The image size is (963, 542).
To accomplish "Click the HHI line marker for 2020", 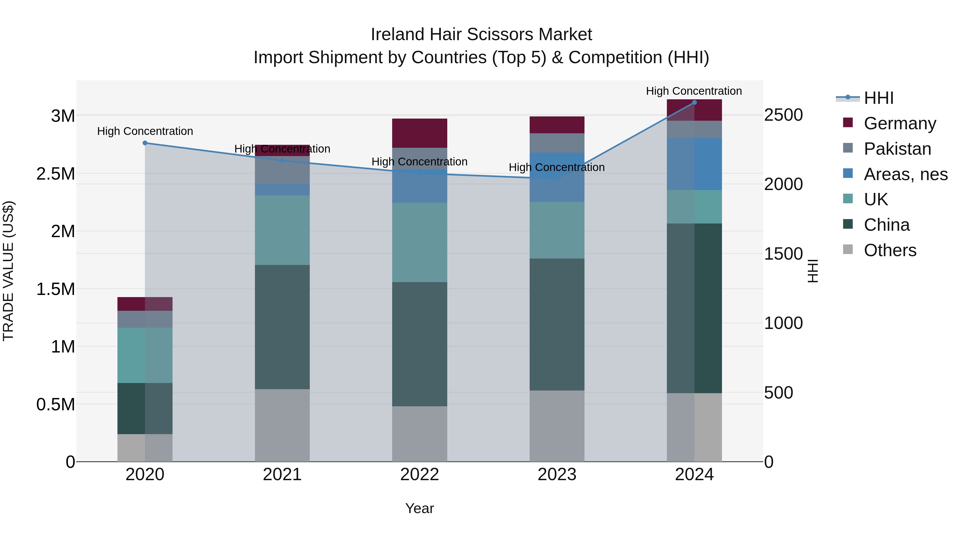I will click(145, 143).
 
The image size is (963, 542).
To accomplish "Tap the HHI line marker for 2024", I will click(694, 102).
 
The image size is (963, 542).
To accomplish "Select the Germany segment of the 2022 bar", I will click(419, 133).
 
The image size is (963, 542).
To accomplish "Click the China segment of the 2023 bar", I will click(557, 324).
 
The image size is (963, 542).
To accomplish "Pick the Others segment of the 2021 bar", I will click(282, 425).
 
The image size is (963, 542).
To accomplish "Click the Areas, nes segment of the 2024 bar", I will click(694, 164).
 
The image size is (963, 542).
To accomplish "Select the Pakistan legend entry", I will click(897, 149).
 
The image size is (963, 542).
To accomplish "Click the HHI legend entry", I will click(878, 98).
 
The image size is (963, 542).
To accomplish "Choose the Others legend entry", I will click(890, 250).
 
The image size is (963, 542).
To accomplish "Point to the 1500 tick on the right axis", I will click(783, 254).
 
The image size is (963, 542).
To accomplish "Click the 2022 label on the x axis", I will click(419, 475).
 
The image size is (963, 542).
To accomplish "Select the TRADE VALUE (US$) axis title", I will click(8, 271).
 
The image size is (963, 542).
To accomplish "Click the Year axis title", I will click(419, 508).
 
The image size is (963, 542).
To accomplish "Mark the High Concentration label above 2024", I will click(694, 91).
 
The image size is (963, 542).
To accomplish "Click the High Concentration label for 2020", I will click(145, 131).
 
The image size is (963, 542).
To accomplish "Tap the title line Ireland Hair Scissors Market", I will click(481, 35).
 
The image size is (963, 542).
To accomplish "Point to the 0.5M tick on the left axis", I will click(55, 405).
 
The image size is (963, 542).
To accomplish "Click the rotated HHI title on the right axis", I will click(813, 271).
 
